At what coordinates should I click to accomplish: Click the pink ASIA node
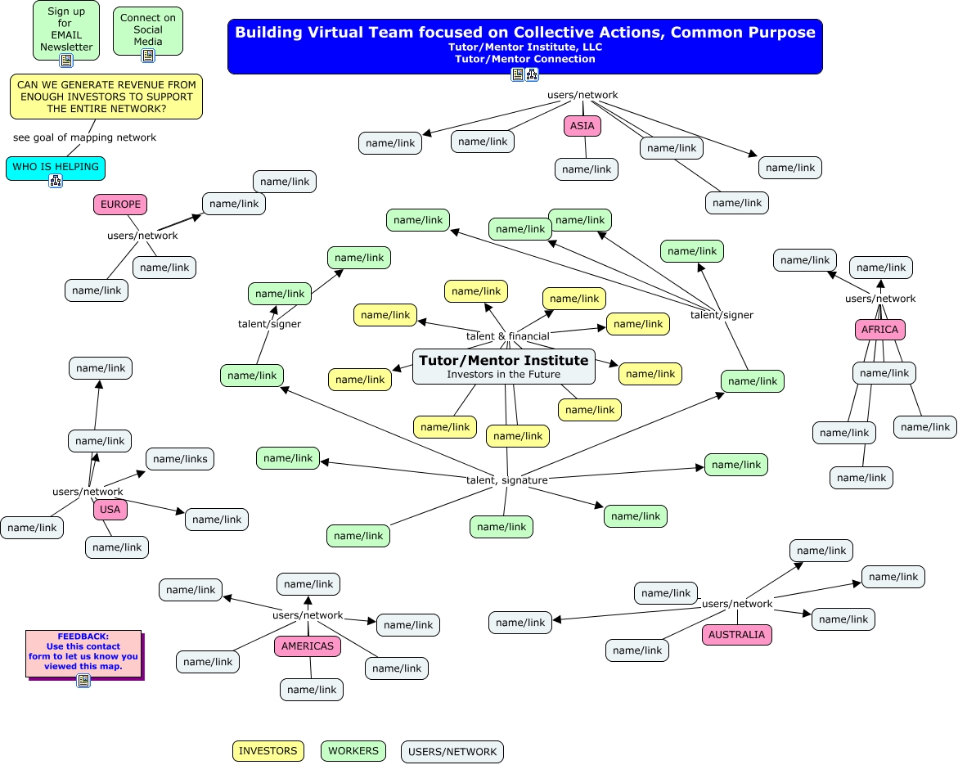[x=582, y=126]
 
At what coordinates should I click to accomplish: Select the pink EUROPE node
[x=120, y=204]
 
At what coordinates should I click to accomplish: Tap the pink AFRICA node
[x=879, y=330]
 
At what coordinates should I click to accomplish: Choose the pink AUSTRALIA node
[x=737, y=634]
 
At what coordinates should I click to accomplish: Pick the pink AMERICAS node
[x=308, y=646]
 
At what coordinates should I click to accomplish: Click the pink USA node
[x=110, y=510]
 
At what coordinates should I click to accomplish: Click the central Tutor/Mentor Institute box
[x=503, y=367]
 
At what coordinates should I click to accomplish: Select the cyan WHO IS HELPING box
[x=56, y=168]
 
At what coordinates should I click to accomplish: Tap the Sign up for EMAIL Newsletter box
[x=66, y=30]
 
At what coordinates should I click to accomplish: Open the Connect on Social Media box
[x=148, y=30]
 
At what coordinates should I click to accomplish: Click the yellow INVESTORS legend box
[x=268, y=751]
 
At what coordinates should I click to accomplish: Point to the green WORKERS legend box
[x=353, y=751]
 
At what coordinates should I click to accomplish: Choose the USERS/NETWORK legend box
[x=452, y=752]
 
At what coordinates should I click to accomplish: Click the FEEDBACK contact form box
[x=83, y=655]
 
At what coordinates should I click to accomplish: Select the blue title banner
[x=525, y=47]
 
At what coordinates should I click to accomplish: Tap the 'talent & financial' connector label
[x=508, y=336]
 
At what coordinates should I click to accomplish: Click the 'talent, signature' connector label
[x=507, y=480]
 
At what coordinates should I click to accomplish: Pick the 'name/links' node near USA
[x=180, y=459]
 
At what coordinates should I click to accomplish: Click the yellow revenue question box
[x=106, y=97]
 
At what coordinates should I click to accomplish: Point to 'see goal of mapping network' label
[x=84, y=137]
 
